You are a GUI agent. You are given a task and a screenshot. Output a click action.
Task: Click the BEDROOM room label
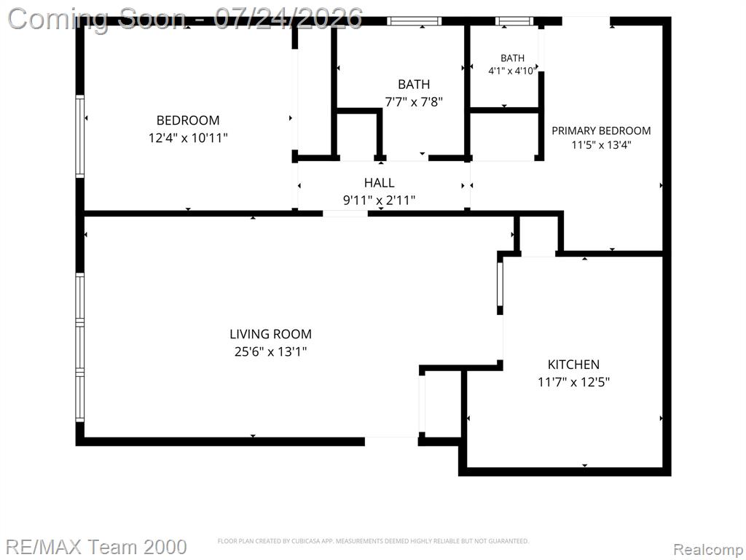point(188,120)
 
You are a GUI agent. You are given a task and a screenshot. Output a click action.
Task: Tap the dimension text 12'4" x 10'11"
point(188,138)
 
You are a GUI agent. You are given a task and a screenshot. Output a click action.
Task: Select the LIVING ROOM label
point(271,334)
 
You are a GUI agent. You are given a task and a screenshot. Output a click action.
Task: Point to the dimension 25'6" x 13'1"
point(271,352)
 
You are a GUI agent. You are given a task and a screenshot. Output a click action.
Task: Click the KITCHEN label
point(573,365)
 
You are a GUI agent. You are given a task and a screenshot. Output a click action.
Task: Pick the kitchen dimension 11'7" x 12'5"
point(574,382)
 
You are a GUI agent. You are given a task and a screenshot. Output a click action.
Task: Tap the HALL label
point(379,182)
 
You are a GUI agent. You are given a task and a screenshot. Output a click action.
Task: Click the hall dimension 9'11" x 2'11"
point(379,200)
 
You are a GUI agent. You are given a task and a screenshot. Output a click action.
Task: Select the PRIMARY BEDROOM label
point(601,131)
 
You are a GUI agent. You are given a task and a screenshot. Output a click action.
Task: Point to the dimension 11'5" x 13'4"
point(601,145)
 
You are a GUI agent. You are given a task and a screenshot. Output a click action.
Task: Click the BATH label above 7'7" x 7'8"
point(414,85)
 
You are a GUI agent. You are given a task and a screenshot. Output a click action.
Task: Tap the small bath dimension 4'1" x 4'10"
point(512,71)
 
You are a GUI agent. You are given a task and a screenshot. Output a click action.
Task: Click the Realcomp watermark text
point(708,549)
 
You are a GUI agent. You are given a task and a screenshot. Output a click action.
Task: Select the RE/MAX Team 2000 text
point(96,547)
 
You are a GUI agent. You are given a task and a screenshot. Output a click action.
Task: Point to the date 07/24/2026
point(288,18)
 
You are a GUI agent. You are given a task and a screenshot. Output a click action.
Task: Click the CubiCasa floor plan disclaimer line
point(373,541)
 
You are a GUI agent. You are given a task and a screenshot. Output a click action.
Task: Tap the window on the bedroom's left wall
point(80,136)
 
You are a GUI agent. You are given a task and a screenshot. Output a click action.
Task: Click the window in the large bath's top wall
point(414,21)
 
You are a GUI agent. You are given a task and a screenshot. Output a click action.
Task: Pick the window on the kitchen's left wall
point(500,284)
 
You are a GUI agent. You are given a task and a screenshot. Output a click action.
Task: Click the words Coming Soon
point(97,18)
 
